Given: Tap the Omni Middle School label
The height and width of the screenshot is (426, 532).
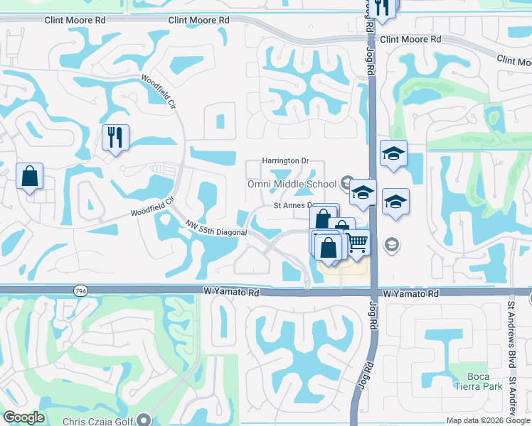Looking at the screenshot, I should [291, 185].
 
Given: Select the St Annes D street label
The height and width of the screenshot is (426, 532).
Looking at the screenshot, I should [294, 205].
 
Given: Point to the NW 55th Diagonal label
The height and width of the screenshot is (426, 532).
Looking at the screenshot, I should [216, 228].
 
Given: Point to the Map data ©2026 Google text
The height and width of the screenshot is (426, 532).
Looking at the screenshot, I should [488, 421].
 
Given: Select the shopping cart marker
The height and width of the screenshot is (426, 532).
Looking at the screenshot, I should [357, 243].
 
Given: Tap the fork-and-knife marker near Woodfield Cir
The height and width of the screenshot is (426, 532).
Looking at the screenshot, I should [115, 136].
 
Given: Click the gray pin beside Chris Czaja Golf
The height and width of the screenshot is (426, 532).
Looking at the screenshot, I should [145, 420].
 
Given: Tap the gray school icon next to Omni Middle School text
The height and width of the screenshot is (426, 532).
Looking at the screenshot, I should [347, 182].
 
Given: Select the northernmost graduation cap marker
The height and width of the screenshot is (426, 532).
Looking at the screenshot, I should [393, 153].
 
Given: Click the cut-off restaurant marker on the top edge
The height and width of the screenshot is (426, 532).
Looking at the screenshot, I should [385, 6].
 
